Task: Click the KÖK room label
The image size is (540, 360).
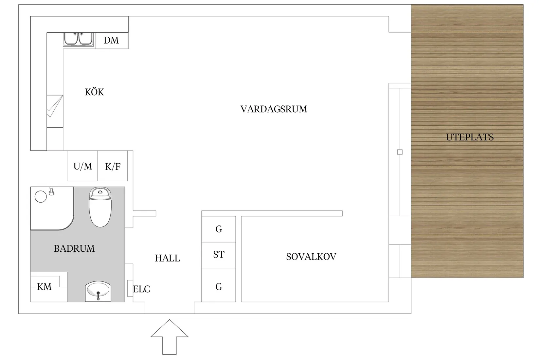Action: point(94,92)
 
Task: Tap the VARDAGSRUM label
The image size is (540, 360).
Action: point(274,109)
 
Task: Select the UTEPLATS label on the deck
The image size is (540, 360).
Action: point(470,137)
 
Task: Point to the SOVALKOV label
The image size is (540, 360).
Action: point(311,257)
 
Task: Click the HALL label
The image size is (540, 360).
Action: point(167,258)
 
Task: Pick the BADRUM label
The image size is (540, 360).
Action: point(74,248)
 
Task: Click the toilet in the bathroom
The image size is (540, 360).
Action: point(100,208)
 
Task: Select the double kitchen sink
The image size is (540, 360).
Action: point(78,39)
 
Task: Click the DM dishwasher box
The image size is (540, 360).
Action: point(111,40)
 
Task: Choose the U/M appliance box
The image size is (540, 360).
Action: point(82,166)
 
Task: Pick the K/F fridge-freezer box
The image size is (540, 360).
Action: point(113,167)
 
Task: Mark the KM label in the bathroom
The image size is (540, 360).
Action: point(44,287)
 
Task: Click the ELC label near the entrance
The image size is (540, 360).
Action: point(141,289)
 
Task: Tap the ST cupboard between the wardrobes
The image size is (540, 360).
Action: point(219,255)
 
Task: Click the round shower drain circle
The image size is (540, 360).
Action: point(41,197)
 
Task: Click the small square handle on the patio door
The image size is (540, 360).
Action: point(400,152)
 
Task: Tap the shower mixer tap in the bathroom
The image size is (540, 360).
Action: point(51,191)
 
